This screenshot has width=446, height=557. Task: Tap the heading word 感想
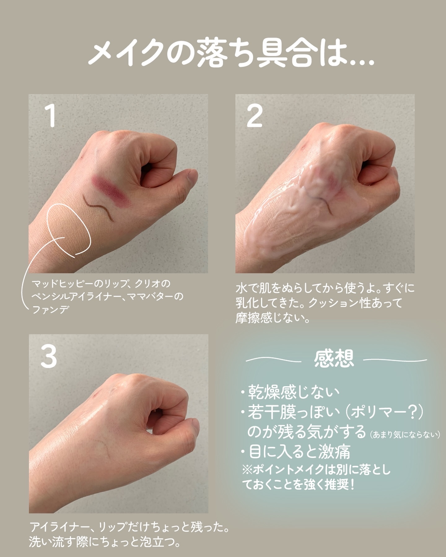[334, 359]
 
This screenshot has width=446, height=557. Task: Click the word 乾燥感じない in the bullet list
[294, 392]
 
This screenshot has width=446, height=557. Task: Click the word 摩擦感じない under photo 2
[273, 318]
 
